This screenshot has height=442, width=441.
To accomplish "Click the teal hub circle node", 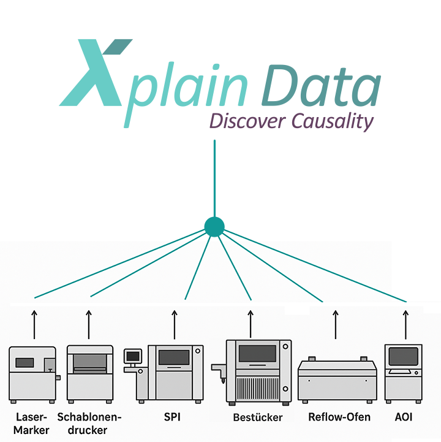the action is click(214, 227).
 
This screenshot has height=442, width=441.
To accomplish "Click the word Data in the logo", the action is click(321, 86).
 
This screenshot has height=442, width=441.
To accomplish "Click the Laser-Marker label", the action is click(31, 424).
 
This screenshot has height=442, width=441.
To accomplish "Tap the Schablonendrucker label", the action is click(89, 424).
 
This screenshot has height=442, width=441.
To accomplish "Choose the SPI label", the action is click(172, 417).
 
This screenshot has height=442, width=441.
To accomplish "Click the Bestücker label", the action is click(258, 417).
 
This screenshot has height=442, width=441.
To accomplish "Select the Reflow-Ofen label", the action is click(339, 417).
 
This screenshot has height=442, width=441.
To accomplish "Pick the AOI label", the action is click(403, 417).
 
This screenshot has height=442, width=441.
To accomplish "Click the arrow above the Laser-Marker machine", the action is click(34, 324).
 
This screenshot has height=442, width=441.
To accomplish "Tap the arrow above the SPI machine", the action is click(175, 324).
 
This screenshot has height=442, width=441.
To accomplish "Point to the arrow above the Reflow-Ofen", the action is click(336, 324).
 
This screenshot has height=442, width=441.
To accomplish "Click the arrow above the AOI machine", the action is click(405, 324).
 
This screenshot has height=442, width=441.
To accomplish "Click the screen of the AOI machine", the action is click(403, 356).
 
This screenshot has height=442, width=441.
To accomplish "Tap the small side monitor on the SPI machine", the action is click(133, 356).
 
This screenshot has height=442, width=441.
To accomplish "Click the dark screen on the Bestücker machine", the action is click(257, 353).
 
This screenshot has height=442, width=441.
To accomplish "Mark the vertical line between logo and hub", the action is click(214, 178).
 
